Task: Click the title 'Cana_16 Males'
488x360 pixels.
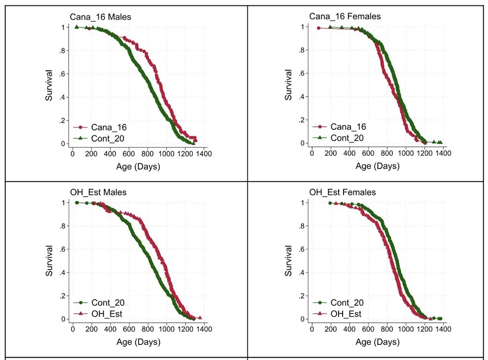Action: click(x=100, y=17)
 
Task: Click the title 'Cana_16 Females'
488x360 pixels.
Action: click(x=345, y=17)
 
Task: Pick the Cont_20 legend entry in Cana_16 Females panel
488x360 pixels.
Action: click(x=347, y=138)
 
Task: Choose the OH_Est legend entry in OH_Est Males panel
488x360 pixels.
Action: click(x=106, y=314)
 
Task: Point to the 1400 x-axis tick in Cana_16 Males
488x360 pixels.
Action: click(x=203, y=154)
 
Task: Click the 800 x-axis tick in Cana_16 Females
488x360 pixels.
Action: click(x=387, y=154)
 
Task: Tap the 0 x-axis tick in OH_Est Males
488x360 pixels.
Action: click(x=72, y=329)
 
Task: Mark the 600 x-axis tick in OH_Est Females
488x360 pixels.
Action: click(x=368, y=329)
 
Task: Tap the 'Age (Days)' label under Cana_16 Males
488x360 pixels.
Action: click(x=138, y=166)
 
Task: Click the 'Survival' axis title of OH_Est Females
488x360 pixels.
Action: click(x=288, y=260)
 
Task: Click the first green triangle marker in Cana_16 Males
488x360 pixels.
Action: click(x=77, y=27)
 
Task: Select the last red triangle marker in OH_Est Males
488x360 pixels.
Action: click(x=199, y=318)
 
